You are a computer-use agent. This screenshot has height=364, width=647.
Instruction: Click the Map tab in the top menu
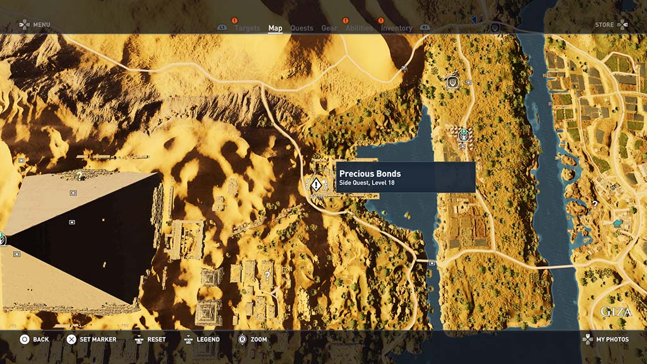coord(275,28)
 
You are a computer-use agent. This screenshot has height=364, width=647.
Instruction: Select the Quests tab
coord(301,28)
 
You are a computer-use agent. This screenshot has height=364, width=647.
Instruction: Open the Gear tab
coord(329,28)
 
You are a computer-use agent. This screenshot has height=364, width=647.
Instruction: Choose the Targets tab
coord(247,28)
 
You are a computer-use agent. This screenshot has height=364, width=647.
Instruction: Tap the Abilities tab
coord(359,28)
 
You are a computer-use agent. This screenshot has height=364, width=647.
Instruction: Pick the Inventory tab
coord(396,28)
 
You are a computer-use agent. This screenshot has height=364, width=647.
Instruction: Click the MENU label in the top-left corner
coord(41,25)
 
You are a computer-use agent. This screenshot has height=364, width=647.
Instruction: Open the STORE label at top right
coord(604,25)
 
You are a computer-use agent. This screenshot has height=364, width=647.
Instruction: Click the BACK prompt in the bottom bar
coord(40,339)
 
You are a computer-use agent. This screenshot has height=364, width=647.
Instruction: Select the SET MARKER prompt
coord(98,339)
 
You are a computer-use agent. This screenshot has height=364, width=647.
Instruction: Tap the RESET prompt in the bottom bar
coord(156,339)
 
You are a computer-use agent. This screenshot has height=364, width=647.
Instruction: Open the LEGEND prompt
coord(208,339)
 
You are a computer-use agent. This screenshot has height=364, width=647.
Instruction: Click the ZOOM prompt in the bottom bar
coord(258,339)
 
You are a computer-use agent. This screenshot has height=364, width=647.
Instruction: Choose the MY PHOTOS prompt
coord(612,339)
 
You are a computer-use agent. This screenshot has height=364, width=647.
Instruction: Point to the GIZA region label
coord(615,312)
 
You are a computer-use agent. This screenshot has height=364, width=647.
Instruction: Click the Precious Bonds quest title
coord(370,174)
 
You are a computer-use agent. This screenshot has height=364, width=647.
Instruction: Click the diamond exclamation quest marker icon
coord(316,184)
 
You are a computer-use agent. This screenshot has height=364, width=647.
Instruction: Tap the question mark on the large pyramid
coord(80,176)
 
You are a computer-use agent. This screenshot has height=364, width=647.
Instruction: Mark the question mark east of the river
coord(595,204)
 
